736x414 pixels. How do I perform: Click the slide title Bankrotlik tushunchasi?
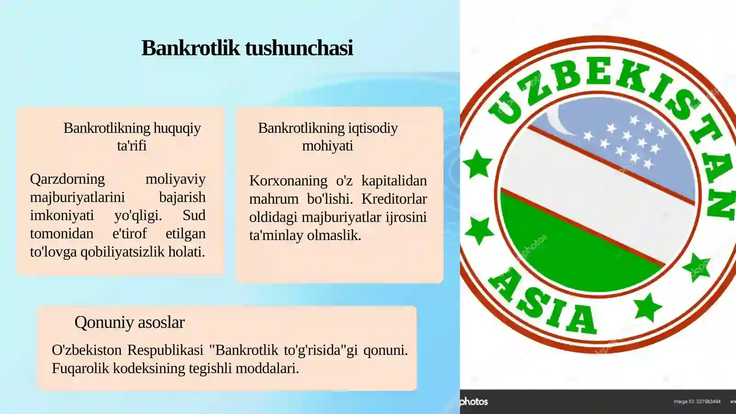tap(247, 48)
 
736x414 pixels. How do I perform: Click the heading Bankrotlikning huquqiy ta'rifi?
tap(132, 137)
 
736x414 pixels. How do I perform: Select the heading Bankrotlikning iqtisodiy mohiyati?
tap(328, 137)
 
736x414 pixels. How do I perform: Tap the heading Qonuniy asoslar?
tap(129, 322)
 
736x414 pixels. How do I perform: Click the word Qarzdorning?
tap(67, 179)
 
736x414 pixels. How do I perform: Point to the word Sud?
tap(194, 215)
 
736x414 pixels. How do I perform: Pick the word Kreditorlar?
tap(394, 199)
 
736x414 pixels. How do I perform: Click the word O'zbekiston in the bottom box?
tap(86, 350)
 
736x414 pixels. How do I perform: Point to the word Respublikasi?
tap(165, 350)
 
